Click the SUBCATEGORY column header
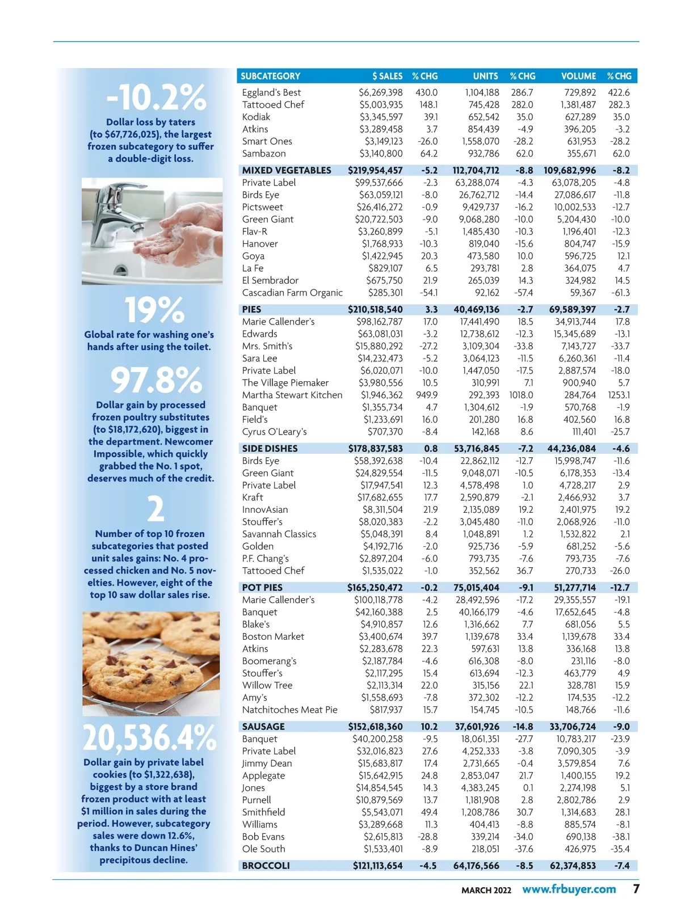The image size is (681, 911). (x=270, y=76)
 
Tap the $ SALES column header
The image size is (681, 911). (x=387, y=76)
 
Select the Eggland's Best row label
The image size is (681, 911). (x=271, y=92)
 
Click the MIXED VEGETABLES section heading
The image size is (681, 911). (x=286, y=170)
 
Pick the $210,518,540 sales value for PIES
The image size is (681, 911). (x=375, y=309)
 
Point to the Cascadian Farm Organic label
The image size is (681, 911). (x=292, y=293)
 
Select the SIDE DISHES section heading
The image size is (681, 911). (x=270, y=448)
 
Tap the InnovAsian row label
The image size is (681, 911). (x=264, y=509)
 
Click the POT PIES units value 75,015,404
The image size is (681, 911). (x=476, y=588)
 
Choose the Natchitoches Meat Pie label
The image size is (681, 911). (x=289, y=710)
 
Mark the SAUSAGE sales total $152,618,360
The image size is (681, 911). (x=375, y=727)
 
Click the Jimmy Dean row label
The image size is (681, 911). (x=267, y=764)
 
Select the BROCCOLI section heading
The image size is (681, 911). (x=266, y=866)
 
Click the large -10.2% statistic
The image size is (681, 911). (x=156, y=98)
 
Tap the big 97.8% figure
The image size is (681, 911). (x=156, y=380)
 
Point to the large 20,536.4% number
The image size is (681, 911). (x=150, y=738)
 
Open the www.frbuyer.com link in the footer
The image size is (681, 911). (x=569, y=889)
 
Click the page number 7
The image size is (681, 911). (x=636, y=888)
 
